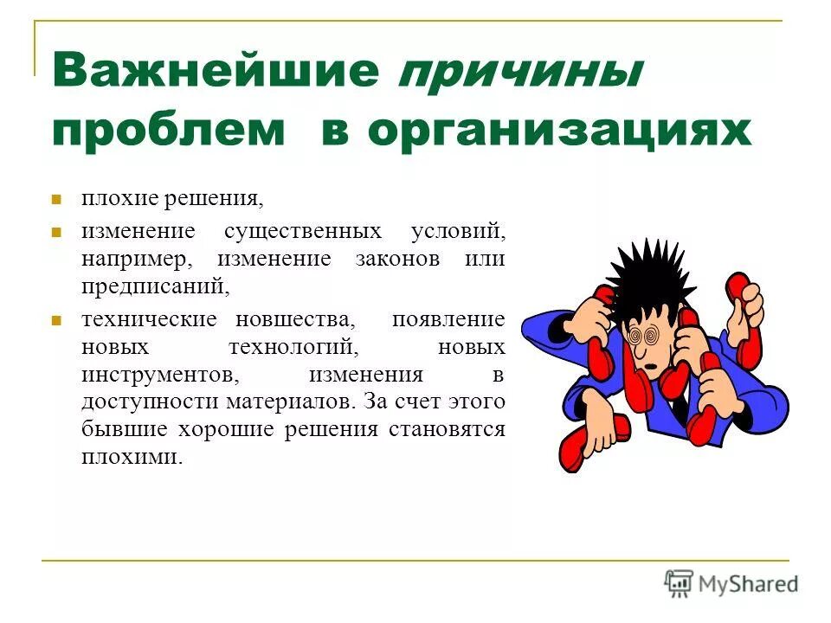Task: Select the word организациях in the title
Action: pyautogui.click(x=558, y=131)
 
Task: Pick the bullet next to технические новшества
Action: pyautogui.click(x=56, y=319)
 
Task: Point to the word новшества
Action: pyautogui.click(x=295, y=318)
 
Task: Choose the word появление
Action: pyautogui.click(x=448, y=318)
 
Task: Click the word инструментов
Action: pyautogui.click(x=157, y=375)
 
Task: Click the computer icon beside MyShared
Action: pyautogui.click(x=679, y=583)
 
